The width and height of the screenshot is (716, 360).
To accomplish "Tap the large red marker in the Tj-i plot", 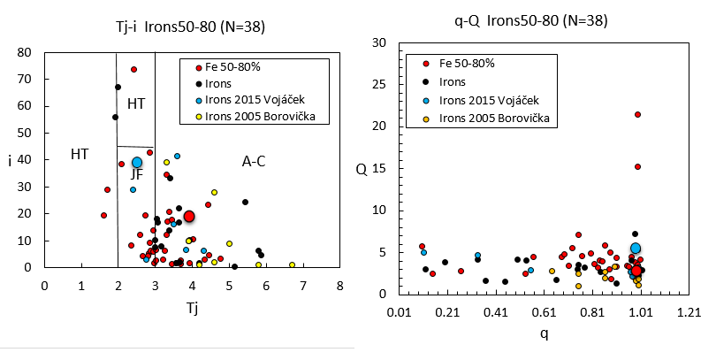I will click(x=189, y=216).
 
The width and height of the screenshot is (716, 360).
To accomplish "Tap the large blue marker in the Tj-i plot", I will click(x=137, y=163).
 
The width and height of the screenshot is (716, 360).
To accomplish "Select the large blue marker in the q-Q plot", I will click(x=635, y=249).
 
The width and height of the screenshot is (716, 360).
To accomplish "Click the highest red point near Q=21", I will click(x=637, y=114).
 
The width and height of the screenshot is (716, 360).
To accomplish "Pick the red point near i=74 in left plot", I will click(x=133, y=69).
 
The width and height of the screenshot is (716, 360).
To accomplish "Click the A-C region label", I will click(x=254, y=161).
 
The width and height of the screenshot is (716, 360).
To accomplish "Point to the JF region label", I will click(x=137, y=175).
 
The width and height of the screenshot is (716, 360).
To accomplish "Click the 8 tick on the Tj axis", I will click(x=339, y=285).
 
